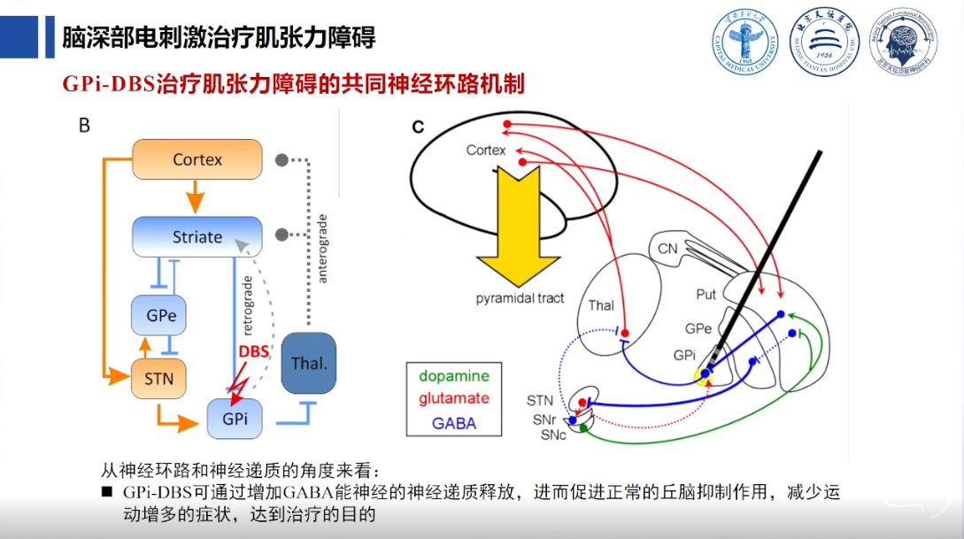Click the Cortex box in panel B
197,160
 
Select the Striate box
197,237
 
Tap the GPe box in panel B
160,315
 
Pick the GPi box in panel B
235,419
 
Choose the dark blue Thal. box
308,363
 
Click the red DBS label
253,352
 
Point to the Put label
706,294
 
